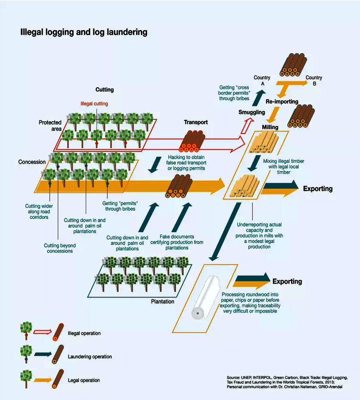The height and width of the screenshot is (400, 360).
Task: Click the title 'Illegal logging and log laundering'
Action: click(84, 32)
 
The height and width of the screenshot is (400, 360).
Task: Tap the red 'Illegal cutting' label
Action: click(94, 103)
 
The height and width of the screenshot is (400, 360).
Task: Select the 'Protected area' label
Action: click(50, 126)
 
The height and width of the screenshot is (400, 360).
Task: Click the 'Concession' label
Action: click(32, 162)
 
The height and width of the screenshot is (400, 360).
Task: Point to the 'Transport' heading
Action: click(196, 122)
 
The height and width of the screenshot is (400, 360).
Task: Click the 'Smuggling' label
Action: click(252, 112)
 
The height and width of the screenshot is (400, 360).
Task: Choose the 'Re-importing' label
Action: click(282, 102)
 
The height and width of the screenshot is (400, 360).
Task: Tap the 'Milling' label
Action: click(270, 127)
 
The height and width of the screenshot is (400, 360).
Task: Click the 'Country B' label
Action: click(314, 80)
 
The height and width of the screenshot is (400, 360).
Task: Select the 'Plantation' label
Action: click(163, 301)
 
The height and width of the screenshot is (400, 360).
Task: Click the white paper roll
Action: click(205, 297)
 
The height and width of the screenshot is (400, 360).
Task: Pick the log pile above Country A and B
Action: click(293, 65)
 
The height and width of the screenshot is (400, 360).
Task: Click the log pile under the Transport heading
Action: click(192, 141)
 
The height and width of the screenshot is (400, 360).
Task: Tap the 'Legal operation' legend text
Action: click(84, 380)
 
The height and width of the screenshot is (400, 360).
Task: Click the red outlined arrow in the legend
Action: click(43, 332)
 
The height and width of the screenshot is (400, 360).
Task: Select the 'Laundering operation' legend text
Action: click(90, 356)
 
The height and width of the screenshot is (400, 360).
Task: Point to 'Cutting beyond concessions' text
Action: click(60, 248)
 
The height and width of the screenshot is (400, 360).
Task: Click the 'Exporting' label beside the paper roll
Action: click(287, 281)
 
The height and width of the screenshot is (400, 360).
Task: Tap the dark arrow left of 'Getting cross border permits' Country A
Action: click(259, 98)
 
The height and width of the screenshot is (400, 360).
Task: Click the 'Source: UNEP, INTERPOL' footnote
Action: click(287, 382)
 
